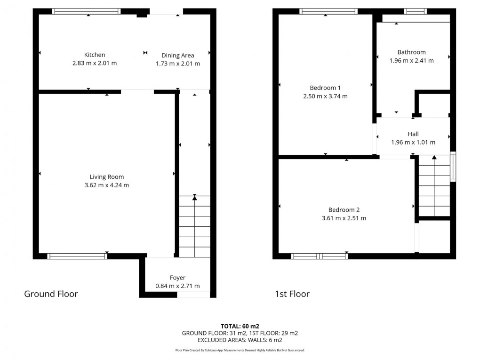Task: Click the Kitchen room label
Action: pos(95,55)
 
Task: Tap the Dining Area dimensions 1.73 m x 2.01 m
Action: pos(177,64)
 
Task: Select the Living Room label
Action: pos(107,177)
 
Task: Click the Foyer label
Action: pos(177,278)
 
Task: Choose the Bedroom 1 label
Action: pos(325,88)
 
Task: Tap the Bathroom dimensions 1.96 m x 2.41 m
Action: pos(411,61)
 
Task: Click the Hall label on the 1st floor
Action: pos(413,134)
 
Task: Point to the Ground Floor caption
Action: pos(51,294)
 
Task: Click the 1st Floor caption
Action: pos(292,294)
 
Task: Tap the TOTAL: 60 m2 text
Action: pos(240,326)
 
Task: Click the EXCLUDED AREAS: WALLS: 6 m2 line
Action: pos(240,340)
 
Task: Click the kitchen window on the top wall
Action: pos(86,11)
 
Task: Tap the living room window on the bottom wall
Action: pos(78,256)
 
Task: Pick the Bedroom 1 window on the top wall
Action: pos(328,11)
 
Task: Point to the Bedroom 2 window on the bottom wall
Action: pos(320,256)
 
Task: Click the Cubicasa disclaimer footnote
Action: pos(240,350)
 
